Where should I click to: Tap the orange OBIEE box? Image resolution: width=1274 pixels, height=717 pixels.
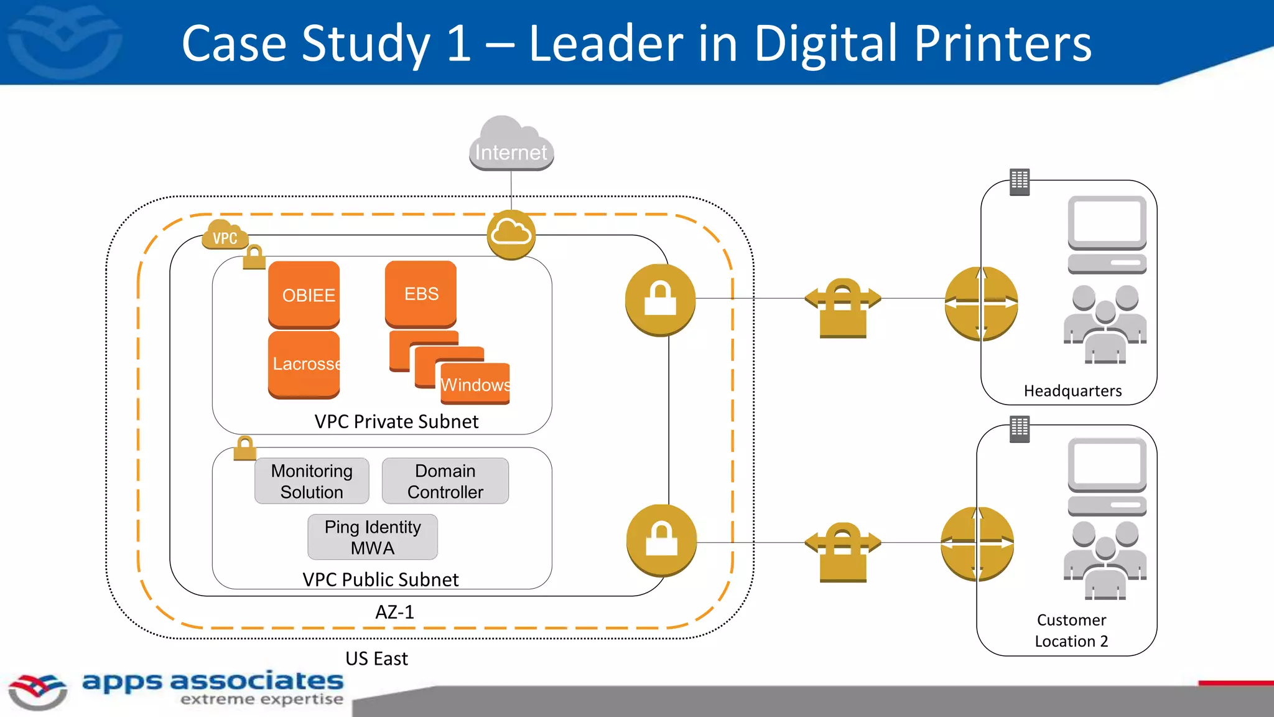click(304, 294)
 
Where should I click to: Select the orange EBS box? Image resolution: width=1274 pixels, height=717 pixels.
click(421, 294)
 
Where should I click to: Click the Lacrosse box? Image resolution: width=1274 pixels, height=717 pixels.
click(304, 363)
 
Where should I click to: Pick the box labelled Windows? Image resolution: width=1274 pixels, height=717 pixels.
click(475, 384)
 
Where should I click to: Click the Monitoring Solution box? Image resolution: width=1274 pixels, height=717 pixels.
click(312, 481)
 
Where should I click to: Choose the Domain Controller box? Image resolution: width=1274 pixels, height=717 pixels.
click(445, 481)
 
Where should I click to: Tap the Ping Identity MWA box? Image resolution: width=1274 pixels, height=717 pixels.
click(373, 537)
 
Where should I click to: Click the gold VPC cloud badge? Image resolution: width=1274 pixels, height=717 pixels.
click(225, 236)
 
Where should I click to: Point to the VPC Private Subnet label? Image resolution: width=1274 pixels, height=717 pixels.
click(396, 421)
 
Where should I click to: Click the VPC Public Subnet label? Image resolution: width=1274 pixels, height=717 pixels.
click(381, 579)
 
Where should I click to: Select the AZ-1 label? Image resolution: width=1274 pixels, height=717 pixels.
click(394, 612)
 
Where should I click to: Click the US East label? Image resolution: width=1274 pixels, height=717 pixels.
click(376, 658)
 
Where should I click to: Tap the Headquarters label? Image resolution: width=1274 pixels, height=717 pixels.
click(1072, 391)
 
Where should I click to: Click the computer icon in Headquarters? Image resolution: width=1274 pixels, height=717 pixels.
click(1107, 234)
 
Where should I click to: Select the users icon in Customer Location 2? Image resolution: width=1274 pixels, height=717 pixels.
click(1105, 560)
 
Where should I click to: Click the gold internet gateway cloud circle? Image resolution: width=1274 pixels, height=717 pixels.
click(511, 235)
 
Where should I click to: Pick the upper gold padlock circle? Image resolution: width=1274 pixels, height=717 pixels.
click(660, 300)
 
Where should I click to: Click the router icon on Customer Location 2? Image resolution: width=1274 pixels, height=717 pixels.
click(977, 544)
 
